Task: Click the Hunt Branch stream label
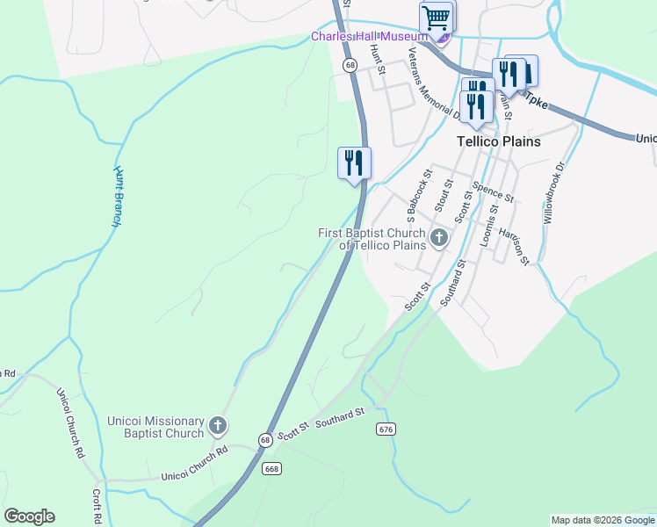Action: tap(116, 196)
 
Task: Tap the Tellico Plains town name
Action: tap(498, 141)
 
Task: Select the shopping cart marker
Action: tap(436, 18)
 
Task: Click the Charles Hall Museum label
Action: tap(369, 36)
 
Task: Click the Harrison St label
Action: tap(513, 245)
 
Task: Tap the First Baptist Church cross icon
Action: tap(438, 237)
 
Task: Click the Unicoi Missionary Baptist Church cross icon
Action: tap(218, 428)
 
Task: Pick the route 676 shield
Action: tap(385, 429)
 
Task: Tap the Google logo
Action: tap(29, 516)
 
